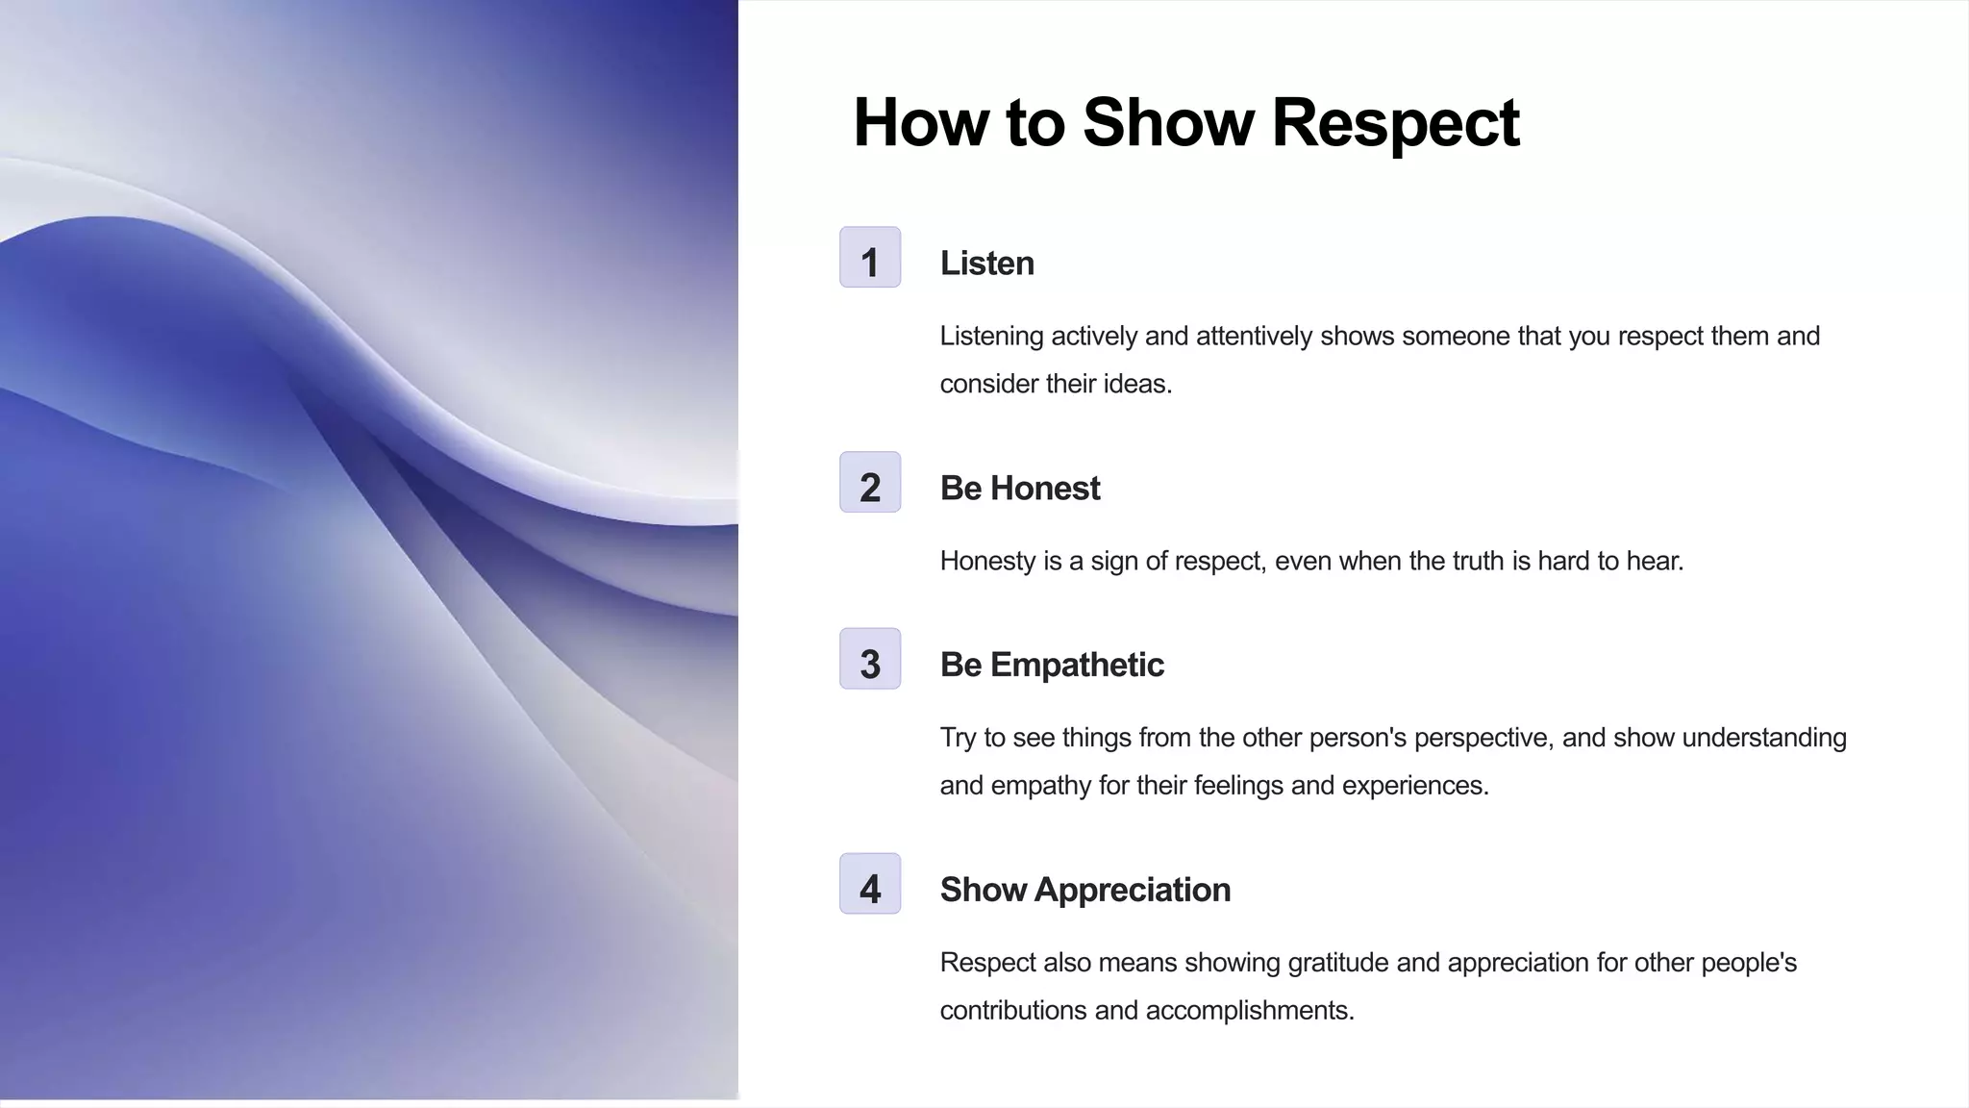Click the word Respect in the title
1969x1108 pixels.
coord(1394,123)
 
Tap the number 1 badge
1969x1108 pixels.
coord(870,258)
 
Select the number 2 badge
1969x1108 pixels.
coord(870,483)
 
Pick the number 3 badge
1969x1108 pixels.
coord(870,660)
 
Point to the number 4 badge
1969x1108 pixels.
coord(870,884)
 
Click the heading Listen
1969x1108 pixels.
coord(986,264)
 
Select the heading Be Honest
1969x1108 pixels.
coord(1019,489)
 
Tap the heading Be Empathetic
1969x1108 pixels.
coord(1052,665)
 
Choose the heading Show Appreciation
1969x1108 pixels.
coord(1084,890)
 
